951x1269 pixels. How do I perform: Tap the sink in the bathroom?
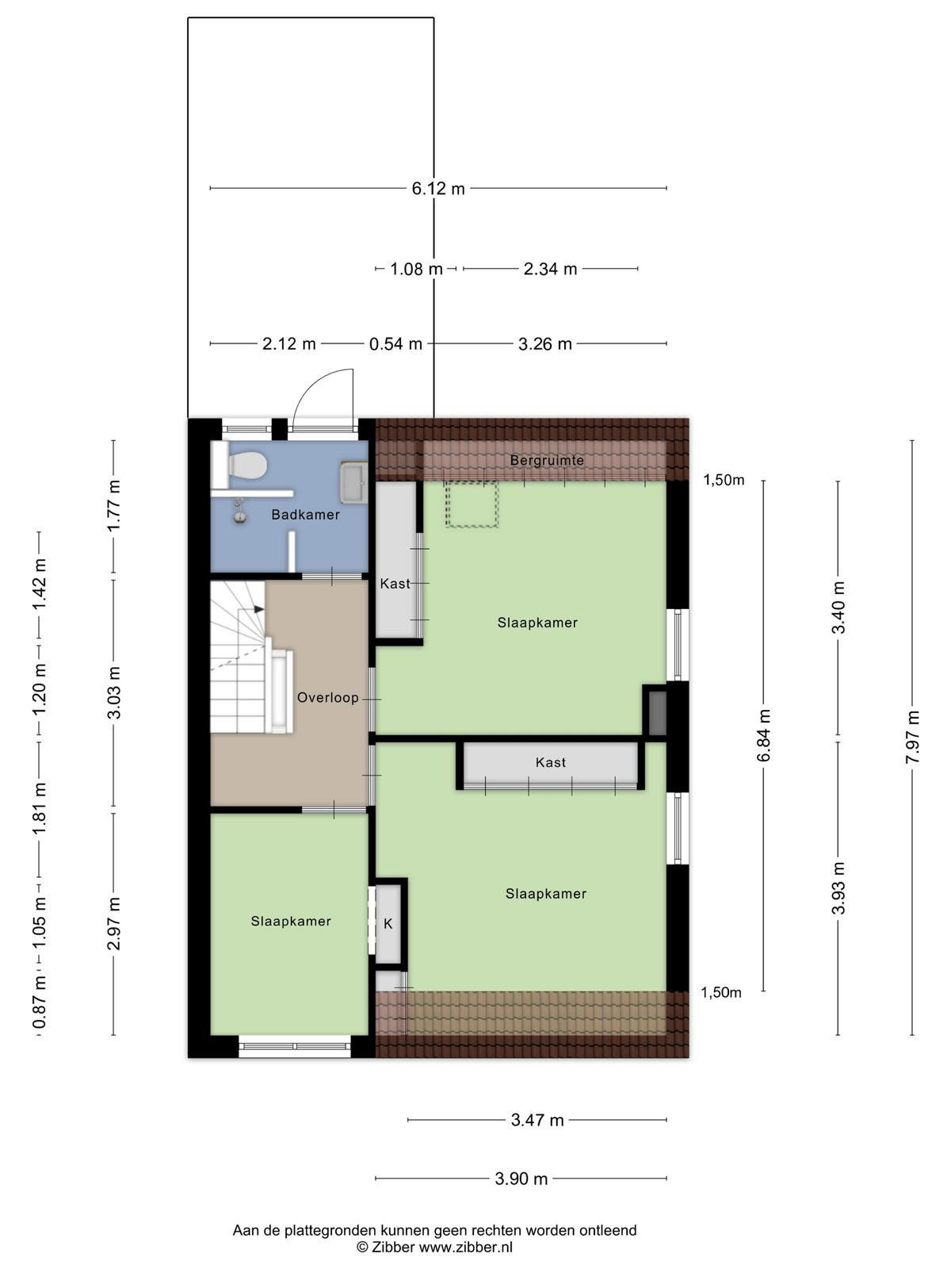point(353,481)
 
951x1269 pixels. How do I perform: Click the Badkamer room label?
point(305,514)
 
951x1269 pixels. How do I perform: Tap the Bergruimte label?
point(547,460)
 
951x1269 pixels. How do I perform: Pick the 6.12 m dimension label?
point(437,189)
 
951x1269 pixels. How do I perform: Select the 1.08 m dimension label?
point(416,269)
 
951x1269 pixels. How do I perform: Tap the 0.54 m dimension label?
point(395,344)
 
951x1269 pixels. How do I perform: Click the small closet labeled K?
point(388,924)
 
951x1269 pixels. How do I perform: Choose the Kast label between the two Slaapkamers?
point(550,762)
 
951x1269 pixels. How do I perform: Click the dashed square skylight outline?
point(472,504)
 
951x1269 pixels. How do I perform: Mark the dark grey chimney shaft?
point(657,713)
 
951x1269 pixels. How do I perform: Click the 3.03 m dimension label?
point(114,692)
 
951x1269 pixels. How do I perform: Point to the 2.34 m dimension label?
point(550,269)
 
